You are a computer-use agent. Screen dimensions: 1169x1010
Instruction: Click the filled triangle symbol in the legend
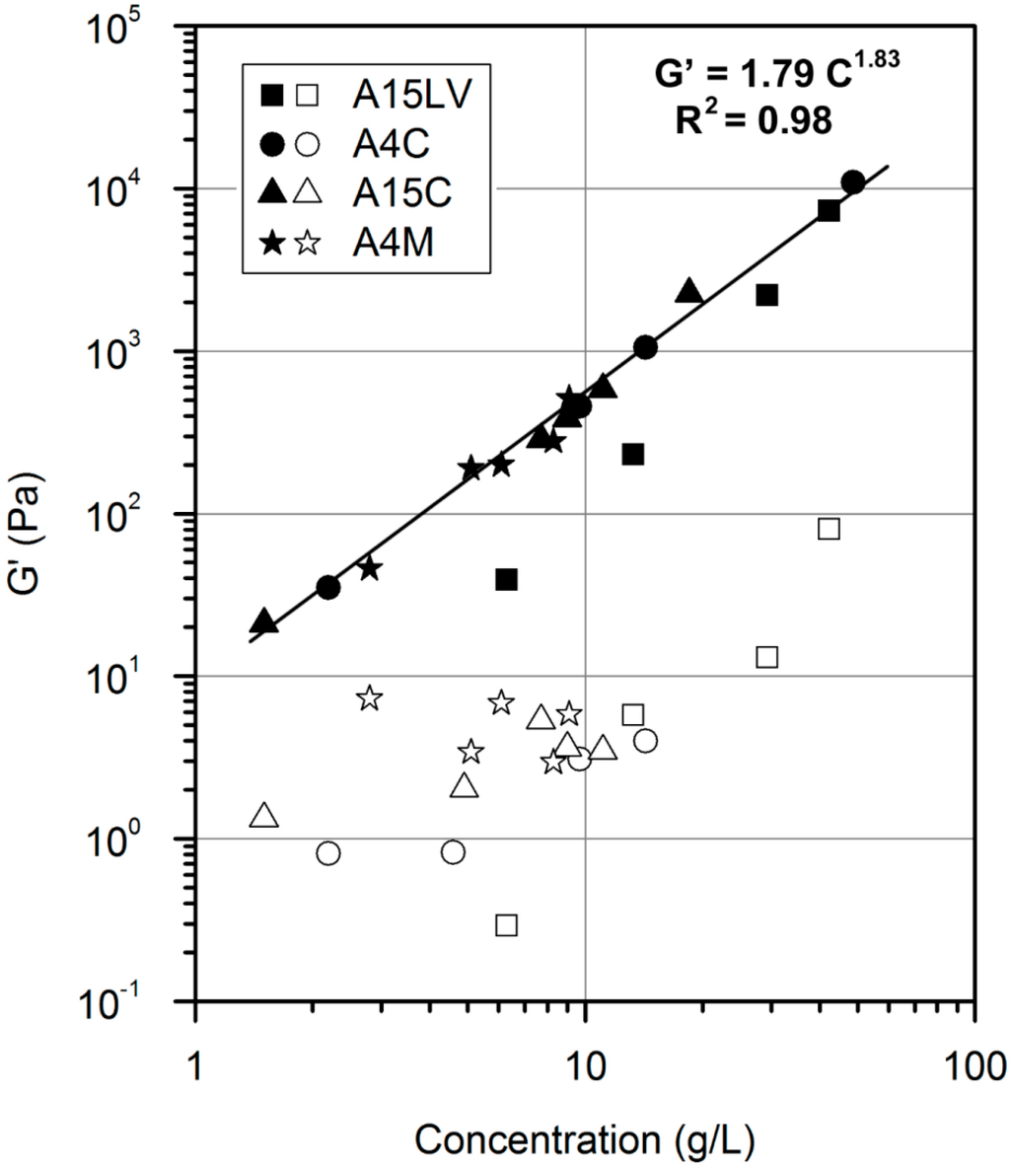273,192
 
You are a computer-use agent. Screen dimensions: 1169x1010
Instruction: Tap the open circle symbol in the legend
308,144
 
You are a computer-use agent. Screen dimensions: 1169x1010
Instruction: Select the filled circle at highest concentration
853,182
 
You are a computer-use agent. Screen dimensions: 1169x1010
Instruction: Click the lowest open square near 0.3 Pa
506,925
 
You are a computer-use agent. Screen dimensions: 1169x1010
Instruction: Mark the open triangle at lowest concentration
264,816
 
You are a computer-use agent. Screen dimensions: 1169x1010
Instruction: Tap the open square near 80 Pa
829,529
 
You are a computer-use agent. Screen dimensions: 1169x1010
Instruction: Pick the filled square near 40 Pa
506,580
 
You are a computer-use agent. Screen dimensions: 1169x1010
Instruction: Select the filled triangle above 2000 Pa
689,291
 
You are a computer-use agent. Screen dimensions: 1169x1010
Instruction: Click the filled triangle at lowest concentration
264,621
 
